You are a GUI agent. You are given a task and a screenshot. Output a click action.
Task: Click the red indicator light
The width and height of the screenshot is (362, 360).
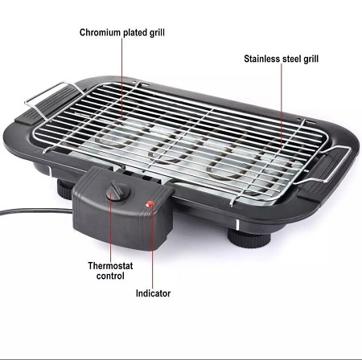[x=150, y=204]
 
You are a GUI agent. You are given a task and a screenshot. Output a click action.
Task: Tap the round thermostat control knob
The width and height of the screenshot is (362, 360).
[x=118, y=191]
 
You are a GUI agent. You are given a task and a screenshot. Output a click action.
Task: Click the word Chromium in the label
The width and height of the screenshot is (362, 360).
[x=100, y=33]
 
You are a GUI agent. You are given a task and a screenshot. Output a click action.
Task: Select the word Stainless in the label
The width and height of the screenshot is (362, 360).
[x=261, y=59]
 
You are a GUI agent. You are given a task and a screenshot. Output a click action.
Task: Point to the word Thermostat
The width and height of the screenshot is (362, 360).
[x=110, y=266]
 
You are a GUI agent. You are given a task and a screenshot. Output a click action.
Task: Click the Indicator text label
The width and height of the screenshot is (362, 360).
[x=153, y=293]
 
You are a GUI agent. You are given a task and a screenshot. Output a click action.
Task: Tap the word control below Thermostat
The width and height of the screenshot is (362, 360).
[x=110, y=276]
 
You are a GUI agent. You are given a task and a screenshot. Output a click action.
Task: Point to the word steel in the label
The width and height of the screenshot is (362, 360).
[x=292, y=59]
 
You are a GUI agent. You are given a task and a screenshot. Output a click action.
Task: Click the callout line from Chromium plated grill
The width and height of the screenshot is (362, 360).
[x=122, y=78]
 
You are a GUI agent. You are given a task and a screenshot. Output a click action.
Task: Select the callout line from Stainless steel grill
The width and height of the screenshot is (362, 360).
[x=282, y=105]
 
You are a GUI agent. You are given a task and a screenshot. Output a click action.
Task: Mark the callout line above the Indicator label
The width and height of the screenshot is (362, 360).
[x=152, y=247]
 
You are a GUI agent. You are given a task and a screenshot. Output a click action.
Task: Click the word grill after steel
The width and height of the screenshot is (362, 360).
[x=311, y=59]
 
